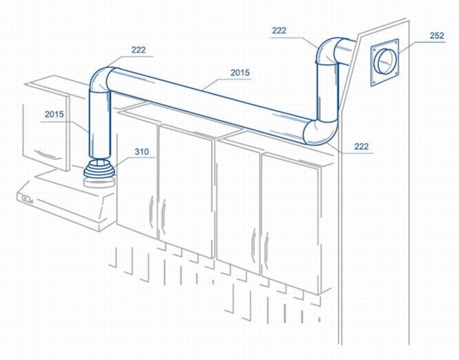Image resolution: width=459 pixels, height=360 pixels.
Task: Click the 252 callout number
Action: click(x=437, y=36)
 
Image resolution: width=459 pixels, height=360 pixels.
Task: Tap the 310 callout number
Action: click(x=142, y=152)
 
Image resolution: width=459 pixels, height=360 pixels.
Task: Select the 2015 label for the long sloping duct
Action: click(x=240, y=73)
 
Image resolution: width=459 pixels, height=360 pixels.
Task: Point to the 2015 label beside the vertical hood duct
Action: click(x=54, y=114)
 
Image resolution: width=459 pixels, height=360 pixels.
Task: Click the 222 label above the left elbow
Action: click(x=138, y=50)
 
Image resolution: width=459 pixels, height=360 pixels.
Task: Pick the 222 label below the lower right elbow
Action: click(x=362, y=146)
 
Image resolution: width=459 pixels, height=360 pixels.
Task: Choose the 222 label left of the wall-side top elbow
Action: click(x=279, y=31)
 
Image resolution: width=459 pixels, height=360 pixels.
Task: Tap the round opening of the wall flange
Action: click(x=383, y=61)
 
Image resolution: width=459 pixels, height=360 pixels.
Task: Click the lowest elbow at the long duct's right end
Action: click(x=321, y=132)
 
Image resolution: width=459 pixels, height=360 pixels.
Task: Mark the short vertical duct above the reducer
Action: click(x=99, y=125)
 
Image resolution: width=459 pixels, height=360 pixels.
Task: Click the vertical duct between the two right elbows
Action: click(x=327, y=92)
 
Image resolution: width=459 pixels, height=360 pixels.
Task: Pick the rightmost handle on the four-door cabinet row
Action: click(x=266, y=251)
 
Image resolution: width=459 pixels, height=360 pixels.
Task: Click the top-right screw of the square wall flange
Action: click(x=396, y=42)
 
